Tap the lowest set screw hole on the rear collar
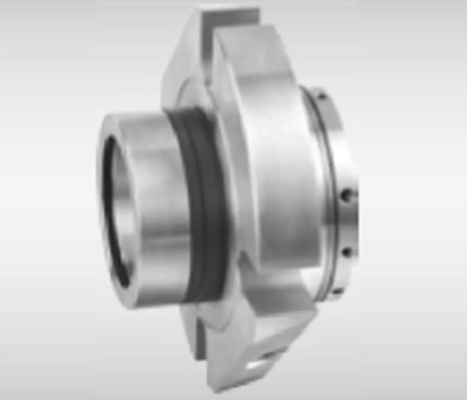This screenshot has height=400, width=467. [337, 291]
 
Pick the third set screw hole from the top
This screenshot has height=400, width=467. [347, 253]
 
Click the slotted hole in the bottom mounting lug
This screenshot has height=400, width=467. [262, 362]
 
